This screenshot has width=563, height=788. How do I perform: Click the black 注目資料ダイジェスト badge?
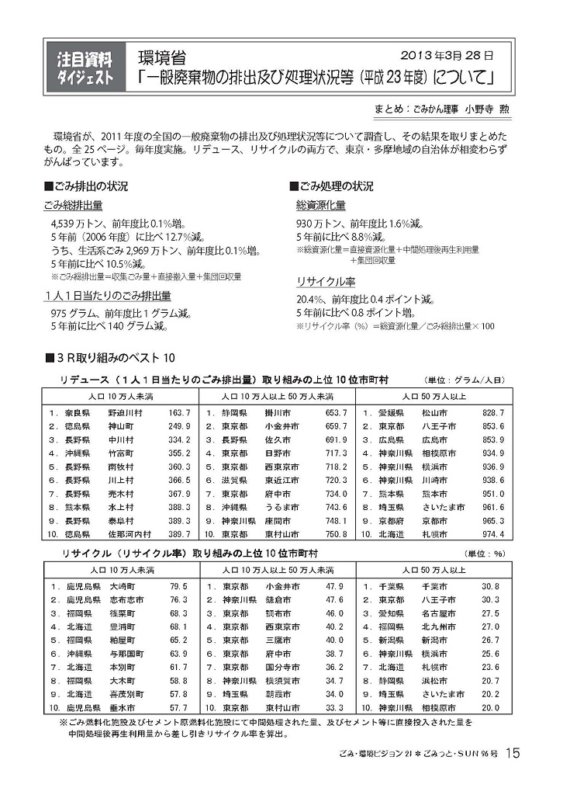coord(86,68)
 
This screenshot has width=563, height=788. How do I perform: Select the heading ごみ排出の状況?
coord(90,186)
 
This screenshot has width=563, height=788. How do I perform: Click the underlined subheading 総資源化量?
coord(320,206)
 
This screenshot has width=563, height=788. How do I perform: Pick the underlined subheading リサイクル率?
coord(326,282)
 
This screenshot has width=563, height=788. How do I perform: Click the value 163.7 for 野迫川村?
coord(179,412)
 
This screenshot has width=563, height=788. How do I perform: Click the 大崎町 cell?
coord(123,586)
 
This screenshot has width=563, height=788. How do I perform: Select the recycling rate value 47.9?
coord(335,586)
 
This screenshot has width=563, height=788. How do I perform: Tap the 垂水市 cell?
coord(123,708)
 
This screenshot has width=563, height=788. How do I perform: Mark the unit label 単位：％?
coord(485,554)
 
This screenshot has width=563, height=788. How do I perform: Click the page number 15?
coord(513,752)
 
